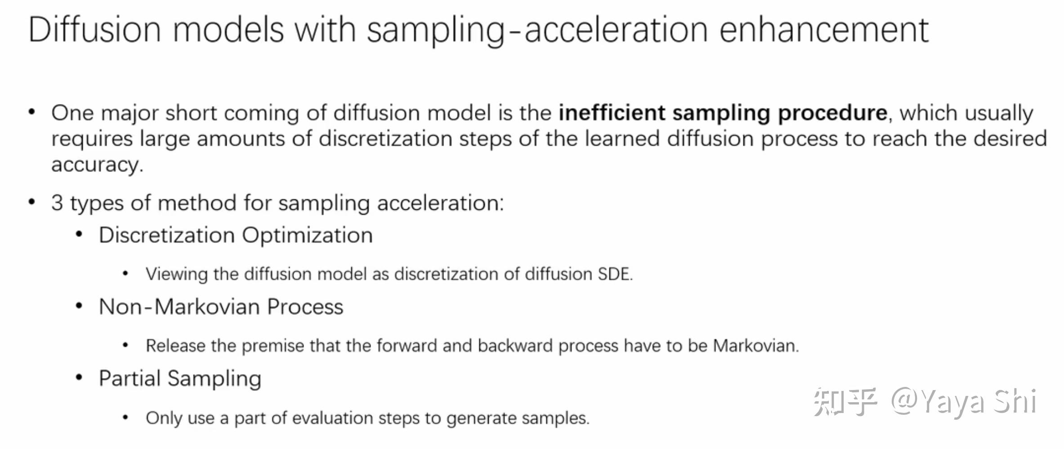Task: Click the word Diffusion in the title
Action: pyautogui.click(x=95, y=29)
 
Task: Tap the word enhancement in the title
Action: pyautogui.click(x=824, y=29)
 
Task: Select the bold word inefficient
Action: pyautogui.click(x=612, y=112)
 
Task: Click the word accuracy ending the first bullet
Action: pyautogui.click(x=97, y=165)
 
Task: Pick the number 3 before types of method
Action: pyautogui.click(x=57, y=202)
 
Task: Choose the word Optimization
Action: pyautogui.click(x=308, y=236)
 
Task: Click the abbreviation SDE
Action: pyautogui.click(x=615, y=274)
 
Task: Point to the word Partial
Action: pyautogui.click(x=130, y=378)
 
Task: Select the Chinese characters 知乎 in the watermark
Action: pyautogui.click(x=845, y=402)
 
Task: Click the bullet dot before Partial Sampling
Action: pyautogui.click(x=79, y=377)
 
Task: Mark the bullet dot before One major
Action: pyautogui.click(x=31, y=112)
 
